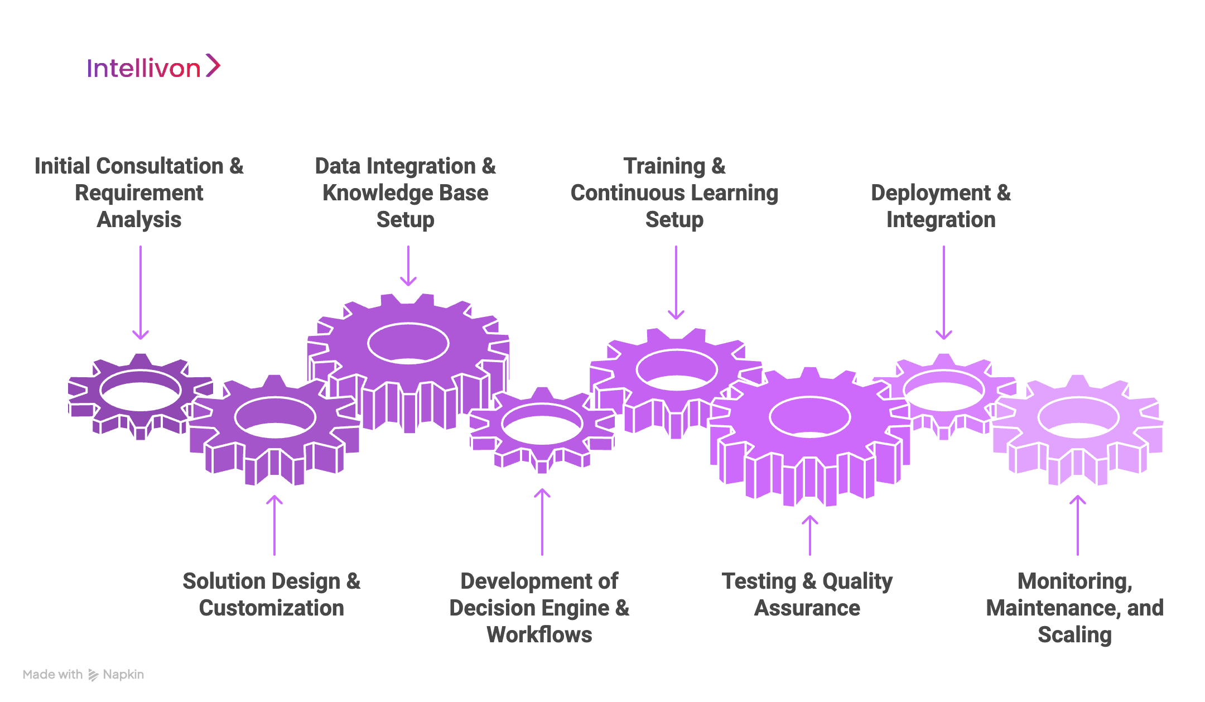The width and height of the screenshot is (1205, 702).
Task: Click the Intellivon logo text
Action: [x=143, y=68]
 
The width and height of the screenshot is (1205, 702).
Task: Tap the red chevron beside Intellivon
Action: [x=213, y=65]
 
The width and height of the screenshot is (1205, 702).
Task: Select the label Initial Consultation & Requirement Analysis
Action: [x=139, y=193]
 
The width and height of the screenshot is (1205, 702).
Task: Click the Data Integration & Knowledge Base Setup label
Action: [x=406, y=193]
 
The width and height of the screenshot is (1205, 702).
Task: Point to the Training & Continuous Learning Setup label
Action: [x=674, y=193]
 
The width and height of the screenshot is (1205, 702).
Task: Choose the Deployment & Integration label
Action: [x=941, y=206]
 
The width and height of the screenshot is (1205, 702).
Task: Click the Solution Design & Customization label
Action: [x=272, y=594]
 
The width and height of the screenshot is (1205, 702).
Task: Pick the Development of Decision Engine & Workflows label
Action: [x=539, y=608]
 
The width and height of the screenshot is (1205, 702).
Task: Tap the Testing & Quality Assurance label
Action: [x=807, y=594]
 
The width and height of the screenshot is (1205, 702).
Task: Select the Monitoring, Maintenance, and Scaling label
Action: [x=1075, y=608]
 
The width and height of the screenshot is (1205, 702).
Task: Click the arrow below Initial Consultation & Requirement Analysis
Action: [x=141, y=292]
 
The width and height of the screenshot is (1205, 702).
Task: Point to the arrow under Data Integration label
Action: [x=408, y=266]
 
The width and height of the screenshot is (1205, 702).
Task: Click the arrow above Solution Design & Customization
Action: [x=274, y=525]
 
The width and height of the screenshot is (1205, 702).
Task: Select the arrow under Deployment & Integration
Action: [x=944, y=292]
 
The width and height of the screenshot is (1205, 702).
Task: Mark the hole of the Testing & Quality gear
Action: [x=810, y=417]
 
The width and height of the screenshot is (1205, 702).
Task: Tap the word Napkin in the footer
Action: [x=123, y=675]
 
